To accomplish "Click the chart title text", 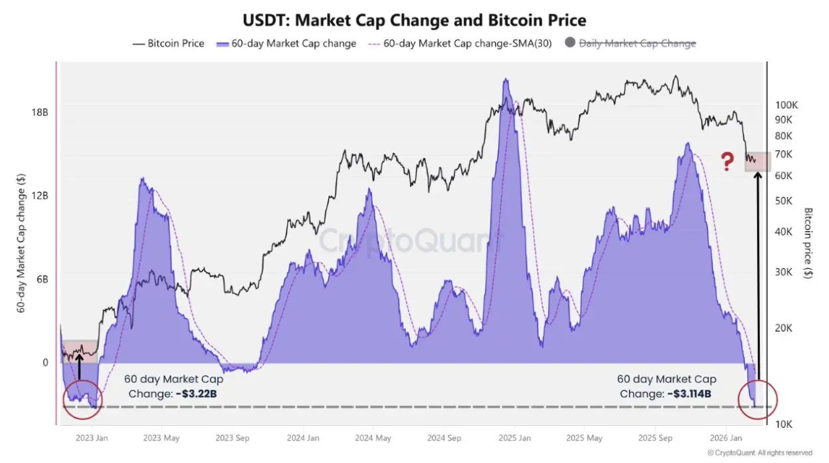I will pyautogui.click(x=415, y=20).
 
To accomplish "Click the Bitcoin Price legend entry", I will pyautogui.click(x=169, y=43).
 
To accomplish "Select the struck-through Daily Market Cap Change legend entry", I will pyautogui.click(x=636, y=43).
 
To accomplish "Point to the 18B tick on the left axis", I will pyautogui.click(x=41, y=112).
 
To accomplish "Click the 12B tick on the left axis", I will pyautogui.click(x=41, y=196).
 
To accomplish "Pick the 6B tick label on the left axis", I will pyautogui.click(x=43, y=279).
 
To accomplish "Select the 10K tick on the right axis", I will pyautogui.click(x=783, y=424).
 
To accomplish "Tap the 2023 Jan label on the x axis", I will pyautogui.click(x=93, y=438).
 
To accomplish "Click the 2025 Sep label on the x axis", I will pyautogui.click(x=654, y=438).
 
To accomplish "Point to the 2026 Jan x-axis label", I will pyautogui.click(x=727, y=438).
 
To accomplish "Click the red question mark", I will pyautogui.click(x=727, y=160).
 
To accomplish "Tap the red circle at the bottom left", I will pyautogui.click(x=82, y=399).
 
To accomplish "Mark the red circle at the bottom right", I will pyautogui.click(x=757, y=399).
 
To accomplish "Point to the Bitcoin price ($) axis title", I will pyautogui.click(x=808, y=243).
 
